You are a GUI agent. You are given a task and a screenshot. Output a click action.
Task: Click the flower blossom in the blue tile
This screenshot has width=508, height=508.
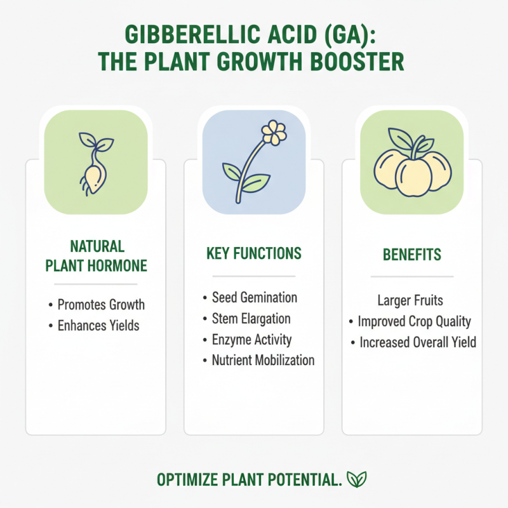coord(274,132)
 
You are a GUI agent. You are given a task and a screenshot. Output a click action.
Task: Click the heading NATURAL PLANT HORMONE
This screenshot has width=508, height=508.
coord(96,256)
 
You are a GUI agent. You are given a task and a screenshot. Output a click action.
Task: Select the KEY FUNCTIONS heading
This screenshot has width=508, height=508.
coord(253,253)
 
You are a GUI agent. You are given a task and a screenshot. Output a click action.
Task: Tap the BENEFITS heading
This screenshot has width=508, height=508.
coord(412,255)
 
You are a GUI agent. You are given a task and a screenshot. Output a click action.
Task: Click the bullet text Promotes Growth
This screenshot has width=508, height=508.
coord(101,305)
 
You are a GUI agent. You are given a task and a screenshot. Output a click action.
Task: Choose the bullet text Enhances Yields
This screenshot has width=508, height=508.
coord(98,326)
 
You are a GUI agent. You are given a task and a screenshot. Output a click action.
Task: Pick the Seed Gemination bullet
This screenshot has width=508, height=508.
coord(254,298)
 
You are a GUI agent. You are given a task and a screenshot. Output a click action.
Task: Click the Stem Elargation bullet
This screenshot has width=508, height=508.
coord(251,319)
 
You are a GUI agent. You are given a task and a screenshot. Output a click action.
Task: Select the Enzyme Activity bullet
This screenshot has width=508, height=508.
coord(252,340)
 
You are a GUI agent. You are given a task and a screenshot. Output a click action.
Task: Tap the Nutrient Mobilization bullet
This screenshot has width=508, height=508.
coord(263,361)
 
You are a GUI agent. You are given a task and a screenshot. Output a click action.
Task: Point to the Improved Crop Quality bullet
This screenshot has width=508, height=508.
coord(414,321)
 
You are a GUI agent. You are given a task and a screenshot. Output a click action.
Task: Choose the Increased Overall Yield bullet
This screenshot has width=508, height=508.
coord(417,342)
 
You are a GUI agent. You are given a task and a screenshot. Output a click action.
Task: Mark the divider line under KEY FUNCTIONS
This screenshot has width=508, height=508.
coord(253,276)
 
